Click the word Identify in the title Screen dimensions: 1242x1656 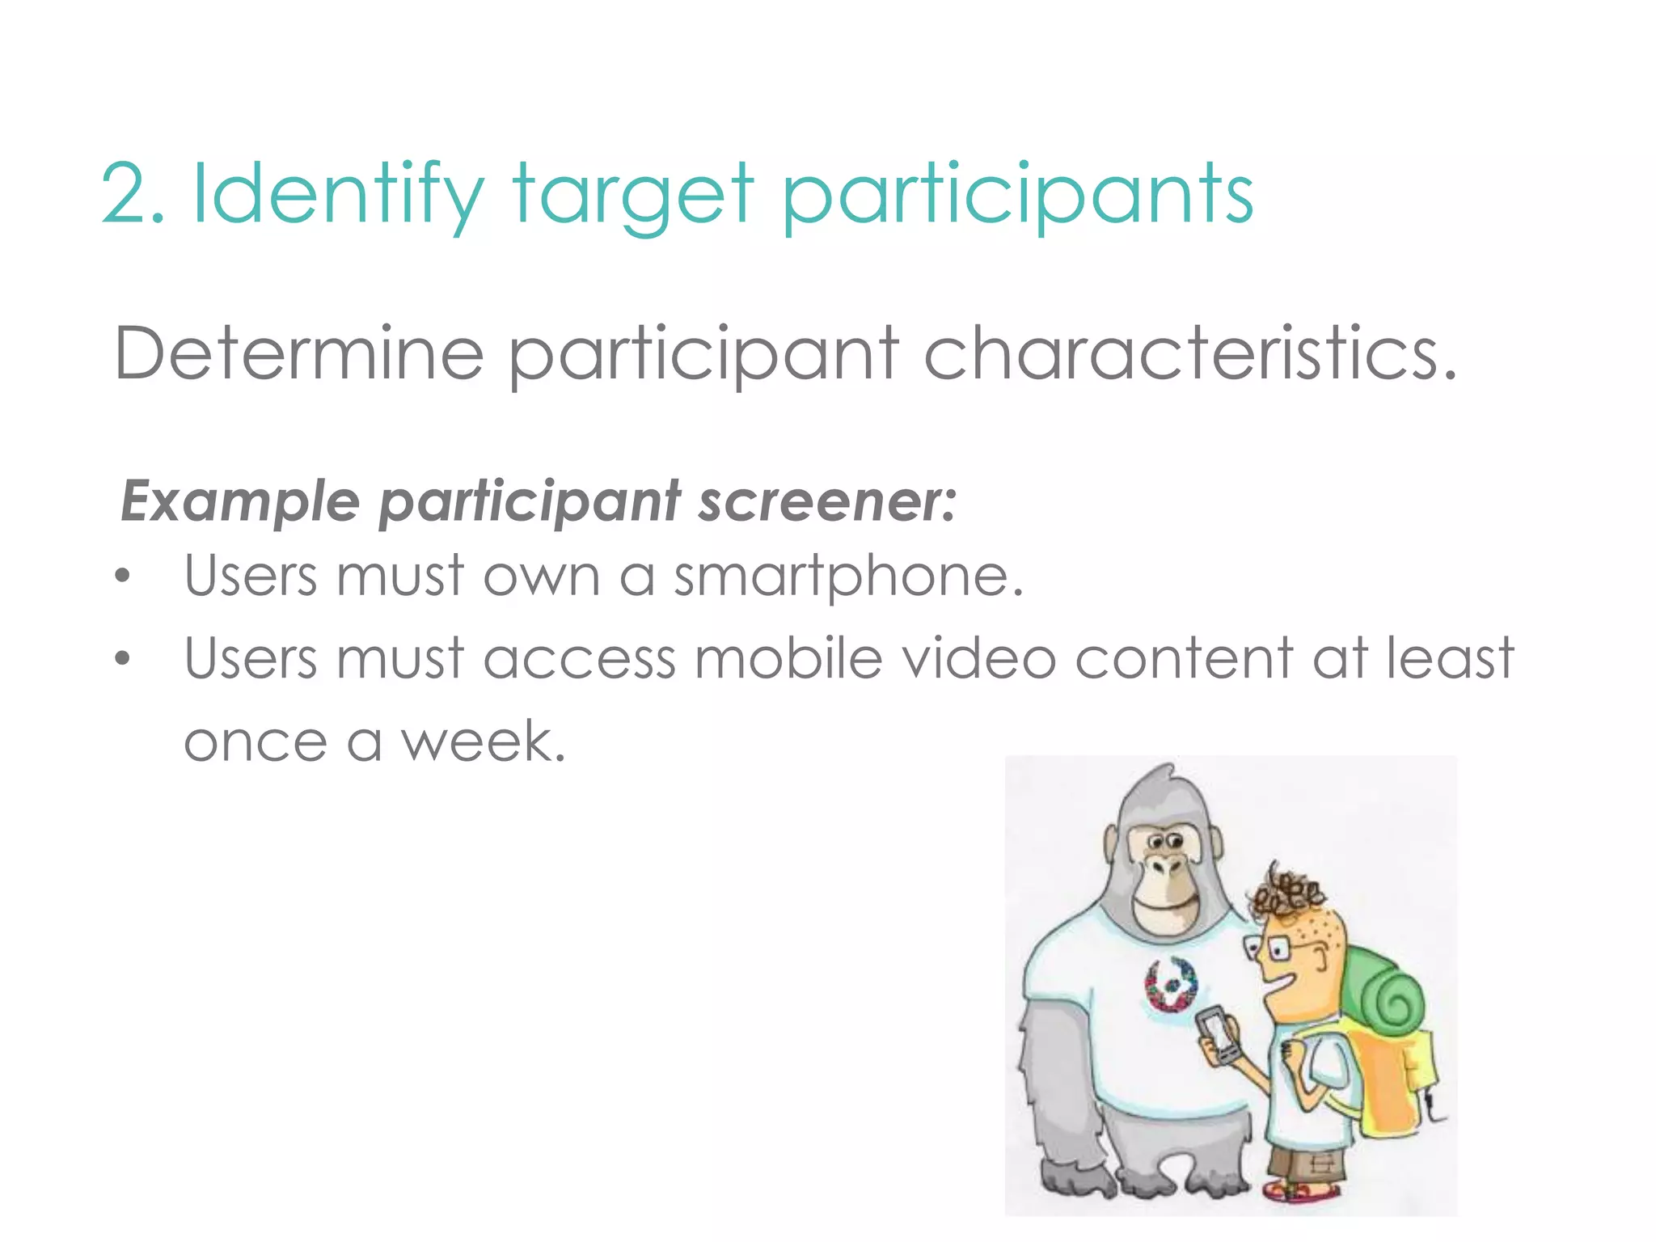click(337, 194)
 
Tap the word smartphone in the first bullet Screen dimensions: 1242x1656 click(848, 577)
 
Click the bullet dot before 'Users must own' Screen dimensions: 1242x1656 click(122, 577)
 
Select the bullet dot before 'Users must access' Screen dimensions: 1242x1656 click(122, 658)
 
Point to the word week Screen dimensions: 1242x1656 click(483, 741)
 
